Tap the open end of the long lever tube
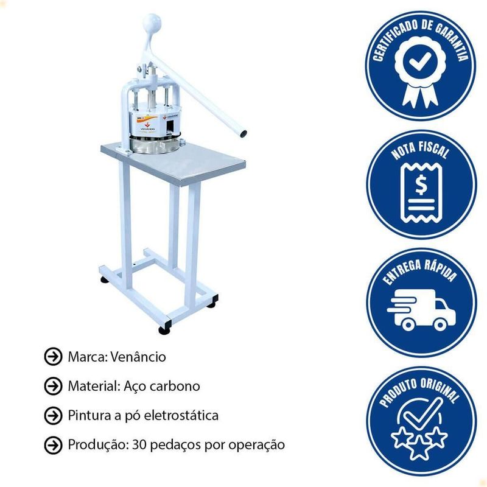tap(243, 134)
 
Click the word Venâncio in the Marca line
tap(138, 357)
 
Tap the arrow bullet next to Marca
tap(53, 357)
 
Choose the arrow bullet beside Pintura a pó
tap(53, 416)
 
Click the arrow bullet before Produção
tap(53, 445)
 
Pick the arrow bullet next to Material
tap(53, 386)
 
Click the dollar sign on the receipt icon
tap(421, 185)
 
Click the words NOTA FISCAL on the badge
tap(421, 151)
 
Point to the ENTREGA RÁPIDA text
tap(421, 271)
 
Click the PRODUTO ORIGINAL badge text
tap(421, 391)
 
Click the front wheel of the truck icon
tap(440, 325)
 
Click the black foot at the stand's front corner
tap(164, 330)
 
